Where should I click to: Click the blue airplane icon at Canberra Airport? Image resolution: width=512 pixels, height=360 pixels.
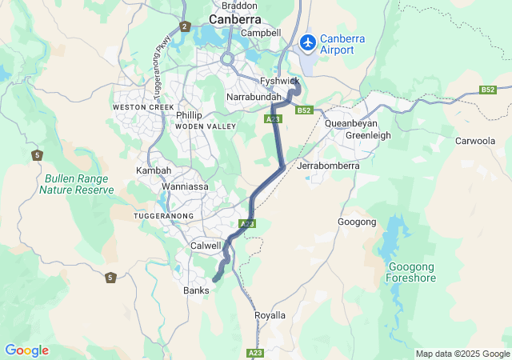click(307, 41)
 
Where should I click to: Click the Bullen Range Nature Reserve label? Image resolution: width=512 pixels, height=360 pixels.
click(79, 184)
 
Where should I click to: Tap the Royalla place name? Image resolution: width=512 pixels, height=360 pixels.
click(270, 315)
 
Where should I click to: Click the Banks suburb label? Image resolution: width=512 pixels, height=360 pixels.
click(196, 290)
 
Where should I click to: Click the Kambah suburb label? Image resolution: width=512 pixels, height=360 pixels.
click(154, 171)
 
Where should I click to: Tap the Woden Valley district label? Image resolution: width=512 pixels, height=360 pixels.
click(206, 126)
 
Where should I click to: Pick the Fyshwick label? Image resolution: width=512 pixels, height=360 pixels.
click(280, 81)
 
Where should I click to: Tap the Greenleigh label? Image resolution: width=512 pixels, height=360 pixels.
click(368, 135)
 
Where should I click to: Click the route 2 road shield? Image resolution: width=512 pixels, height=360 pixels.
click(184, 26)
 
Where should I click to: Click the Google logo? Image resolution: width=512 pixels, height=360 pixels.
click(26, 350)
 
